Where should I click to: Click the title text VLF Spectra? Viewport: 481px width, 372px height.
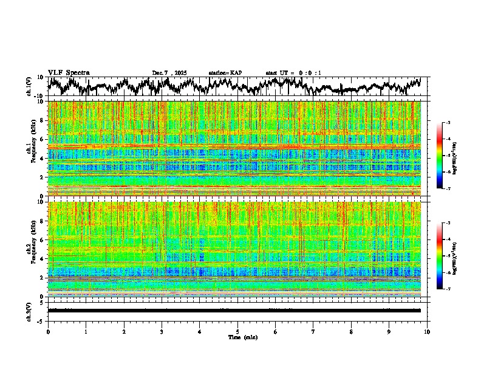(69, 73)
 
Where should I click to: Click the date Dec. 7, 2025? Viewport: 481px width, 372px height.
(170, 73)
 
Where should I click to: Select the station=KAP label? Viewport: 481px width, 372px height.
(225, 73)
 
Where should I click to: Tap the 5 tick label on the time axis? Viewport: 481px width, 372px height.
(237, 331)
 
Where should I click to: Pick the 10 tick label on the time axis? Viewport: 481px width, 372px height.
(427, 331)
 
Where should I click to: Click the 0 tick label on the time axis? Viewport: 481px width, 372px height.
(48, 331)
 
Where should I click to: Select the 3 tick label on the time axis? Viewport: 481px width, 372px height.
(162, 331)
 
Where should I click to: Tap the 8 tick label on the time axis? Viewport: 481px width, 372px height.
(351, 331)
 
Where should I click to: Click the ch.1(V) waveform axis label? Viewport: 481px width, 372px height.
(30, 87)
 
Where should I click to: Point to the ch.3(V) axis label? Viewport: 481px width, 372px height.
(30, 310)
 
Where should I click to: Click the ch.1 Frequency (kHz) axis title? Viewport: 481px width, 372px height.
(31, 148)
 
